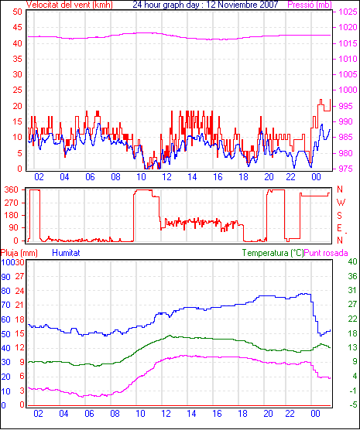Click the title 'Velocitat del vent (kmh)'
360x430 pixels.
click(70, 5)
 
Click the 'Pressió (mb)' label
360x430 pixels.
click(310, 5)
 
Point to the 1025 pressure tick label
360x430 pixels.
click(348, 12)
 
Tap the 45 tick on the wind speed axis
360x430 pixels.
click(17, 27)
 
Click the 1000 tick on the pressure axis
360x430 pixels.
click(348, 90)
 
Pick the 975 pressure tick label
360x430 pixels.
click(348, 169)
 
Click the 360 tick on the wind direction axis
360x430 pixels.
click(12, 189)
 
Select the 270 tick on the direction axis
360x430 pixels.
click(12, 203)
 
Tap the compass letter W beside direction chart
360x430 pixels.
click(341, 203)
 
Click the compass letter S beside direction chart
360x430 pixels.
click(339, 216)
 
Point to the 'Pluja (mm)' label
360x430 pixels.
click(19, 253)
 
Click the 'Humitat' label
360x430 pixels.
click(66, 253)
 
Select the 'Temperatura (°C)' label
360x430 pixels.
click(273, 253)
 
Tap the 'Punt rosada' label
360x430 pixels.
click(326, 253)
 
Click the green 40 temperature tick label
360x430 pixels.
click(352, 261)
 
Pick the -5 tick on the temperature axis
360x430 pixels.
click(352, 404)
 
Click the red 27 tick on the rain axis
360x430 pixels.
click(19, 276)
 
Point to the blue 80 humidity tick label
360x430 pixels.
click(5, 291)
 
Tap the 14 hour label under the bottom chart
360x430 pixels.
click(191, 413)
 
